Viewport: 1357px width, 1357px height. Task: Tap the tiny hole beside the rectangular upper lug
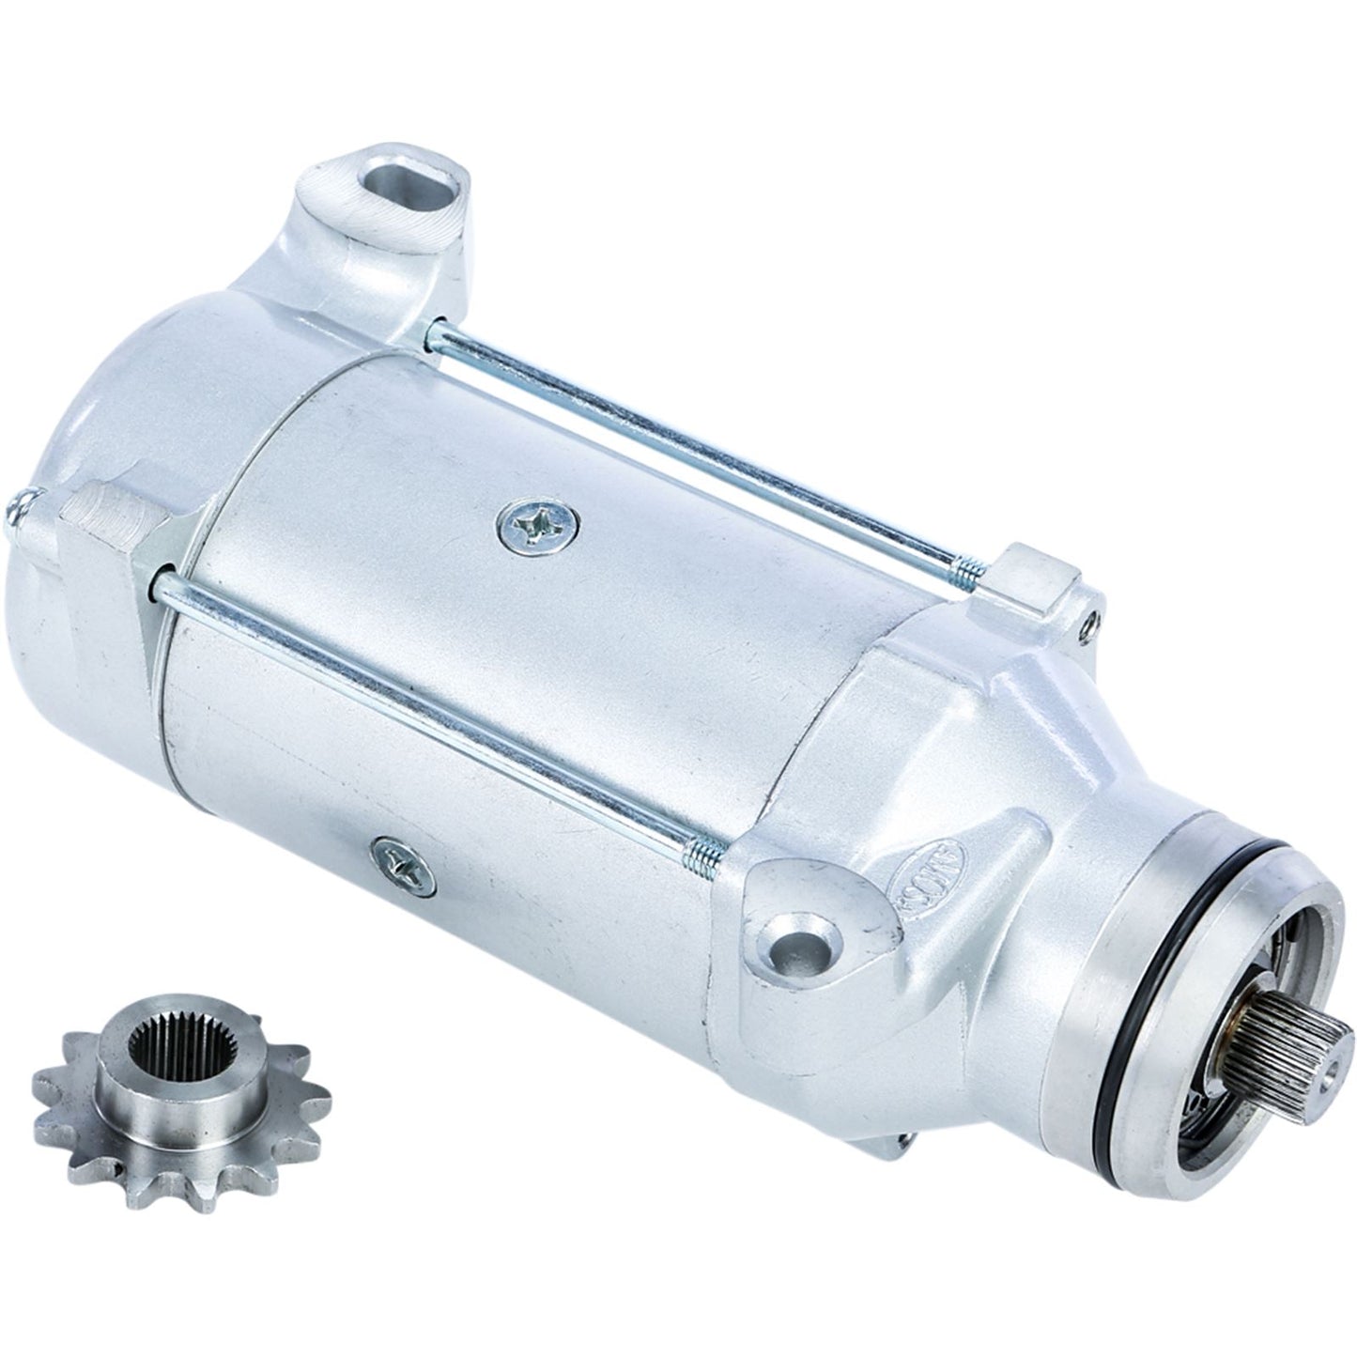[x=1089, y=620]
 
